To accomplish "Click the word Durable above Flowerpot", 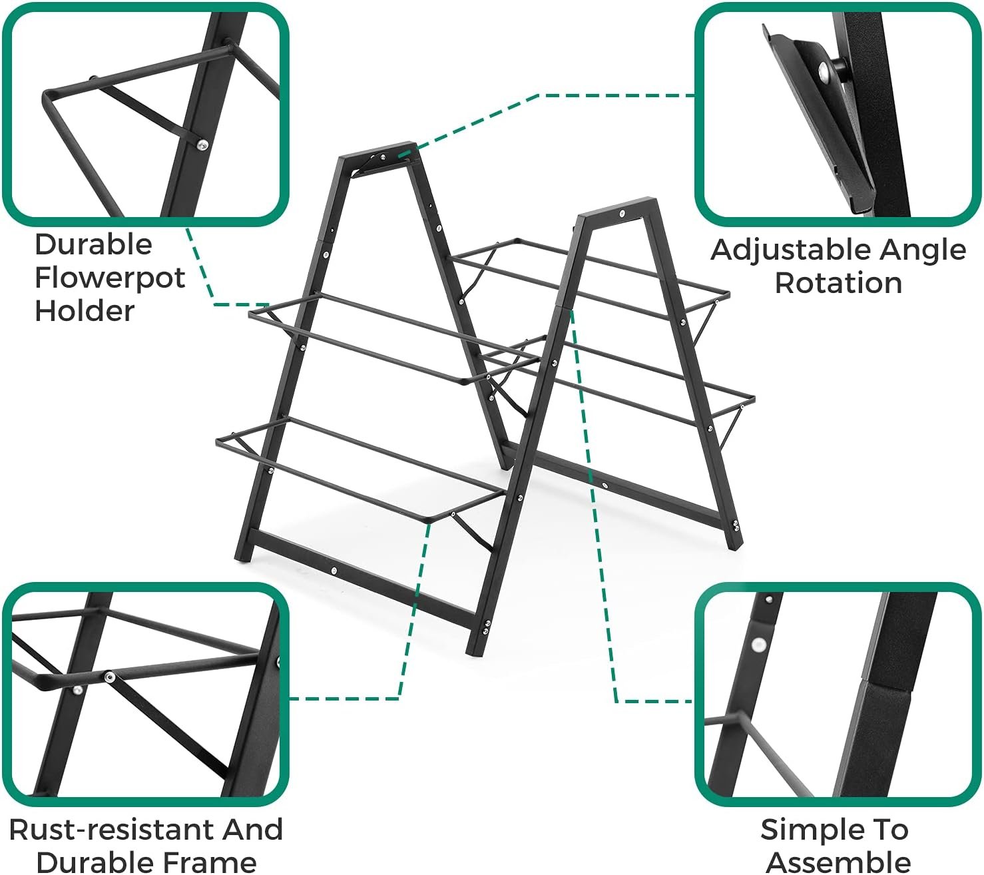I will point(93,244).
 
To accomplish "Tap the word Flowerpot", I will point(110,278).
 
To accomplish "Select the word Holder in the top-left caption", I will point(85,310).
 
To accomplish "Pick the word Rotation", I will point(838,283).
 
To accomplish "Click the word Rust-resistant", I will point(110,830).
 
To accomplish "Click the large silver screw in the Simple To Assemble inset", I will point(758,644).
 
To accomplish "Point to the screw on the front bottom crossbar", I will point(333,571).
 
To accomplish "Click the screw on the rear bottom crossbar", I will point(603,485).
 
